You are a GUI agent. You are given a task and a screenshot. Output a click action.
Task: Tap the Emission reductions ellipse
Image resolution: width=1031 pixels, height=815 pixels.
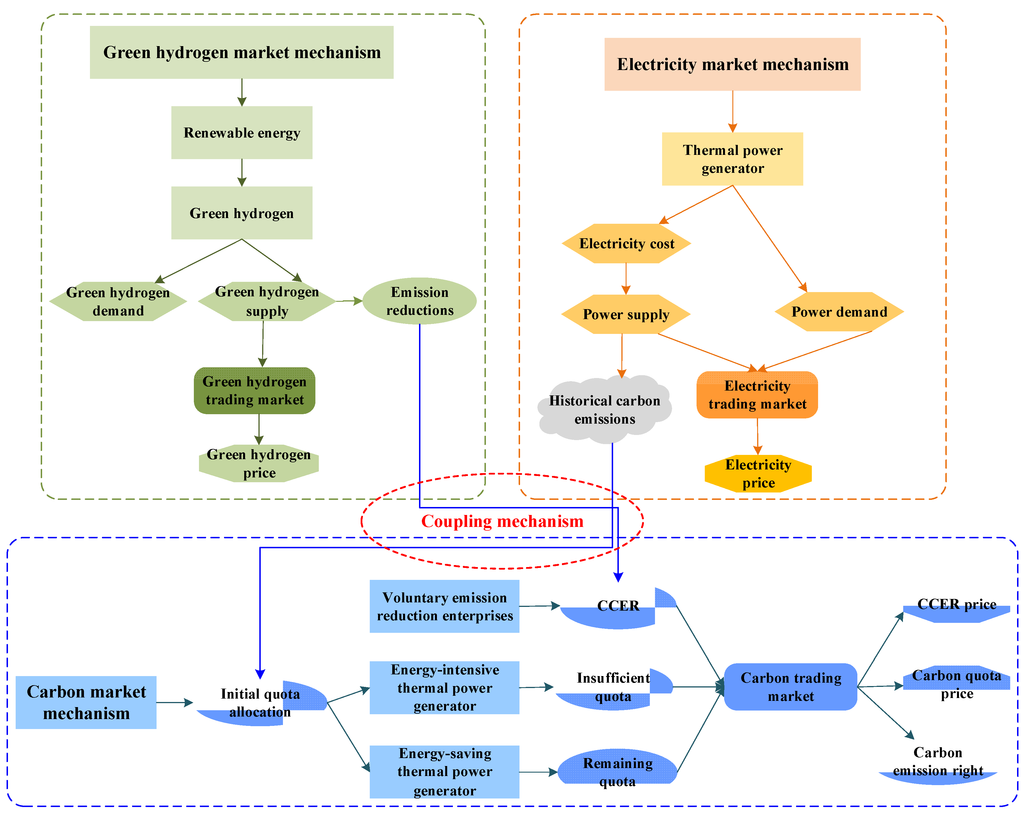(x=419, y=301)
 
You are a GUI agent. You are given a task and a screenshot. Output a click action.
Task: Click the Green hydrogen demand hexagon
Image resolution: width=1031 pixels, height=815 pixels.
(x=118, y=301)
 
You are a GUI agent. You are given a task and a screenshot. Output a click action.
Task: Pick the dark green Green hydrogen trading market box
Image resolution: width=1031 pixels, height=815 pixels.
(x=254, y=390)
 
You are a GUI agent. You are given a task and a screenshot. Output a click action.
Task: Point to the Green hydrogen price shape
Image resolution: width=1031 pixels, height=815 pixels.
(x=258, y=463)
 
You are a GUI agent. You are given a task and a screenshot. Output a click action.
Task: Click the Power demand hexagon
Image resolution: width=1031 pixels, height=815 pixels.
(x=839, y=312)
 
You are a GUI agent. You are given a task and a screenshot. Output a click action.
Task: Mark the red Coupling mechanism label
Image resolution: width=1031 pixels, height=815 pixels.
(x=502, y=521)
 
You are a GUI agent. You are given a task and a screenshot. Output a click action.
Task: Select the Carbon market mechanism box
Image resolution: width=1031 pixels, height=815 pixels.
(x=86, y=702)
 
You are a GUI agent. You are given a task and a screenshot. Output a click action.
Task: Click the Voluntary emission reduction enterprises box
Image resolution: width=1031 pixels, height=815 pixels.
(x=444, y=606)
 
